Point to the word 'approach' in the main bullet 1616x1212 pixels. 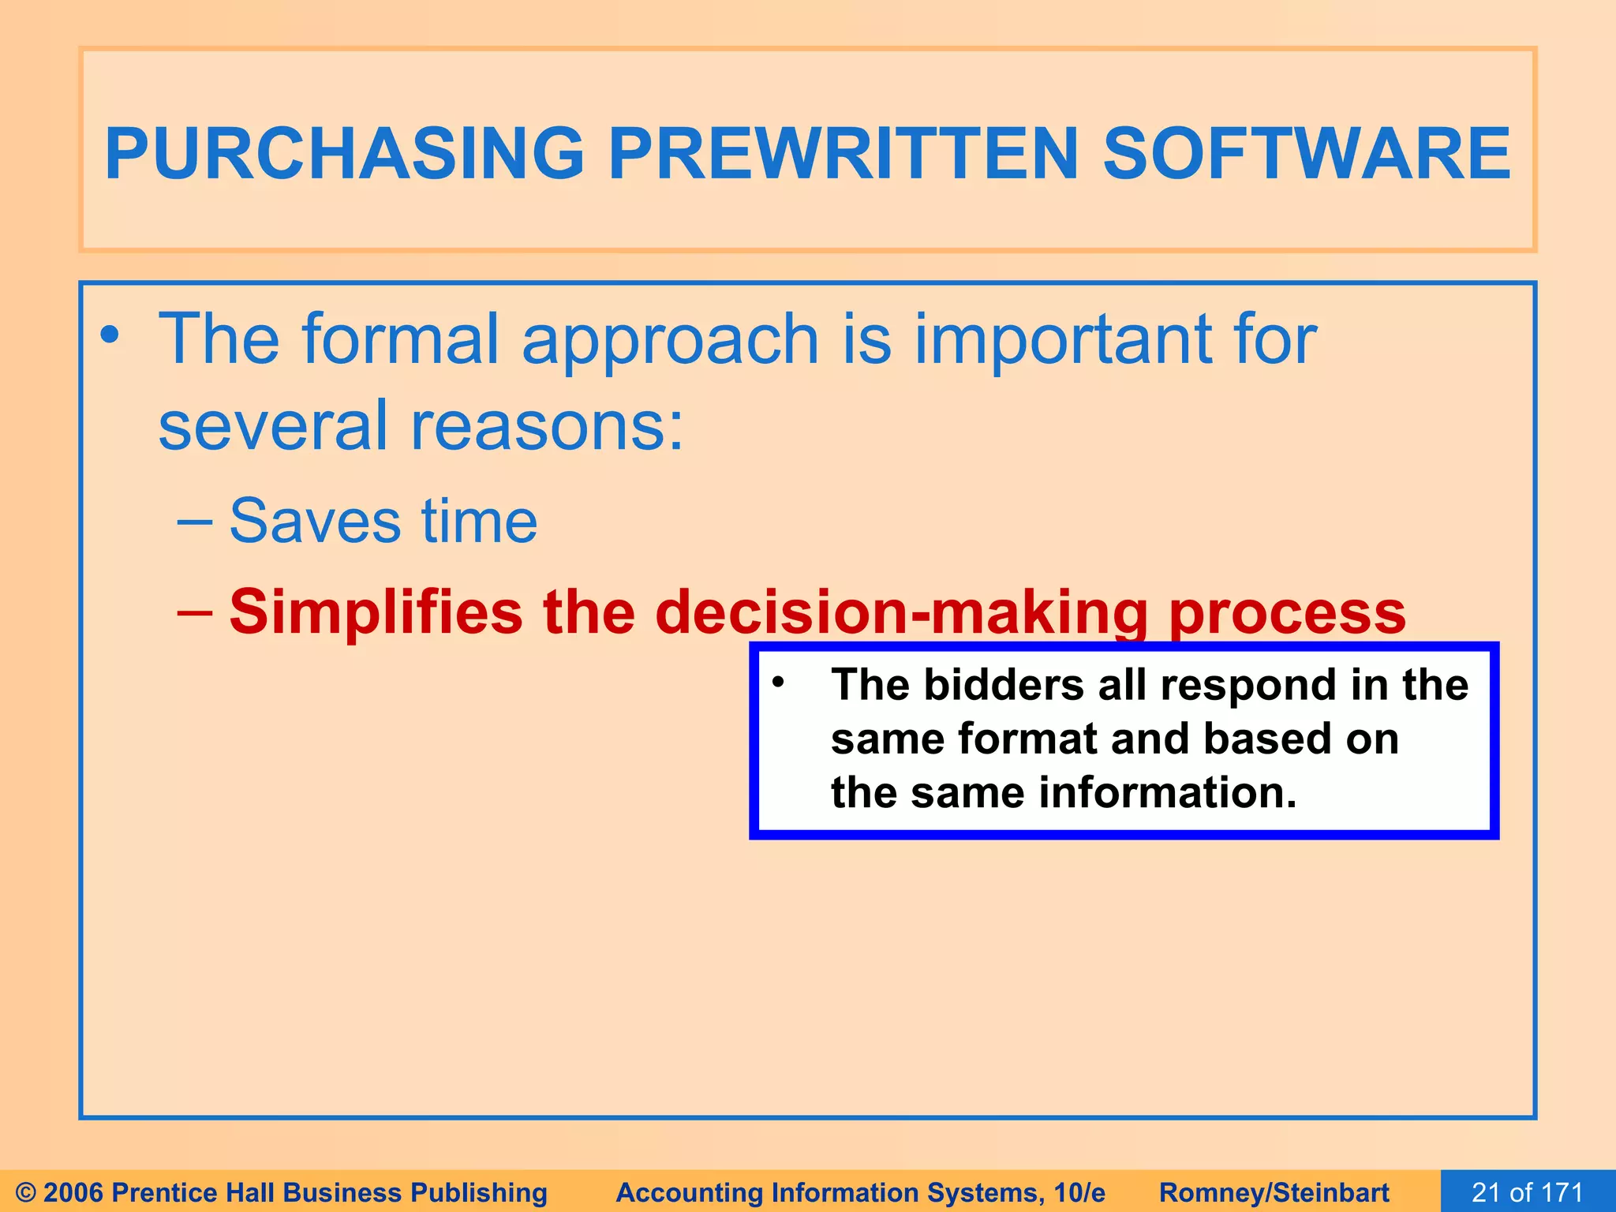(x=670, y=341)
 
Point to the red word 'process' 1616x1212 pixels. (x=1287, y=614)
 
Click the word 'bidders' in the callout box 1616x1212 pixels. (x=1003, y=684)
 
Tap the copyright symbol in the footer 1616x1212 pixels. (x=25, y=1192)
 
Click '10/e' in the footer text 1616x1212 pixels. (x=1079, y=1192)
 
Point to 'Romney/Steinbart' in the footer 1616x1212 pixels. (x=1274, y=1192)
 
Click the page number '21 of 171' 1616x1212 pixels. (x=1527, y=1192)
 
